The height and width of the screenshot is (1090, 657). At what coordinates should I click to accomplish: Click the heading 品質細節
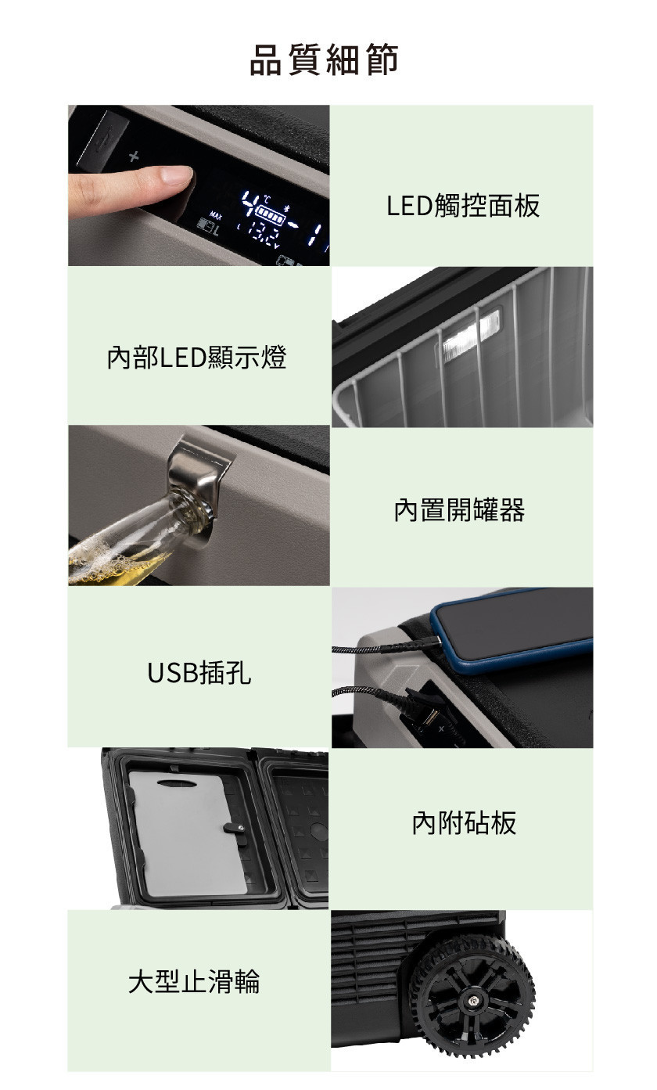(324, 59)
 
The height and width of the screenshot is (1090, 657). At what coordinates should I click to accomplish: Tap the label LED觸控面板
(463, 205)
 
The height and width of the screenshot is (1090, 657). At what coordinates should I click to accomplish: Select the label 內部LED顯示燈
(196, 357)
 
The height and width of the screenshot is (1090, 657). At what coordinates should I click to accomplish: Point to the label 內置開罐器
(460, 510)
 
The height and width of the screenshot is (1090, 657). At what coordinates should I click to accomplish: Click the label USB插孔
(199, 673)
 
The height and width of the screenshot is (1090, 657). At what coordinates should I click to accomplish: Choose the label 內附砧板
(464, 823)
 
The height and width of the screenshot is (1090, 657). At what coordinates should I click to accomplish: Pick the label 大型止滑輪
(194, 980)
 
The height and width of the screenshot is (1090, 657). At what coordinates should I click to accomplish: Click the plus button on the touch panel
(134, 156)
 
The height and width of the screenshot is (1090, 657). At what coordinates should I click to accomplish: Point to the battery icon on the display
(270, 212)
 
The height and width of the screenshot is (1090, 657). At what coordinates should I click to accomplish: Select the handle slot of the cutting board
(177, 783)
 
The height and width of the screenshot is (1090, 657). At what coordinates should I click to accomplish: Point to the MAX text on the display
(215, 214)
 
